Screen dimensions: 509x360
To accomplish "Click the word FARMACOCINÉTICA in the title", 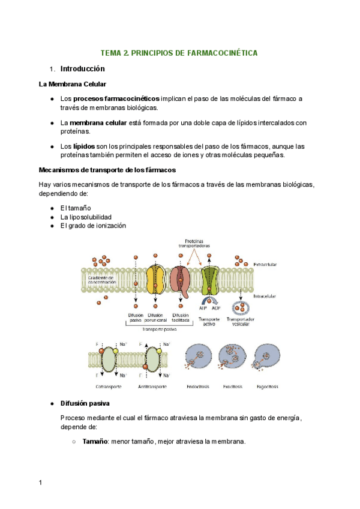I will tap(221, 53).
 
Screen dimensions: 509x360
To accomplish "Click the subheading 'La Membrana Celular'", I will tap(73, 85).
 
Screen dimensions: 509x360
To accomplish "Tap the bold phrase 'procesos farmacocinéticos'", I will tap(117, 98).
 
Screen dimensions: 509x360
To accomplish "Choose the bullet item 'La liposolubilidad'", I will tap(86, 217).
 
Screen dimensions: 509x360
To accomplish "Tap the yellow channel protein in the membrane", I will tap(157, 279).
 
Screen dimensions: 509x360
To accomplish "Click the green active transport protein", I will tap(211, 280).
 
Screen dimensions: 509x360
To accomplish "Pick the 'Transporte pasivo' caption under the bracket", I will tap(159, 329).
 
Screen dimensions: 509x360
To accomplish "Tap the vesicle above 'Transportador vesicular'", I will tap(240, 309).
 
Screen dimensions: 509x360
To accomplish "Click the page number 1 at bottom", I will tap(40, 483).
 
